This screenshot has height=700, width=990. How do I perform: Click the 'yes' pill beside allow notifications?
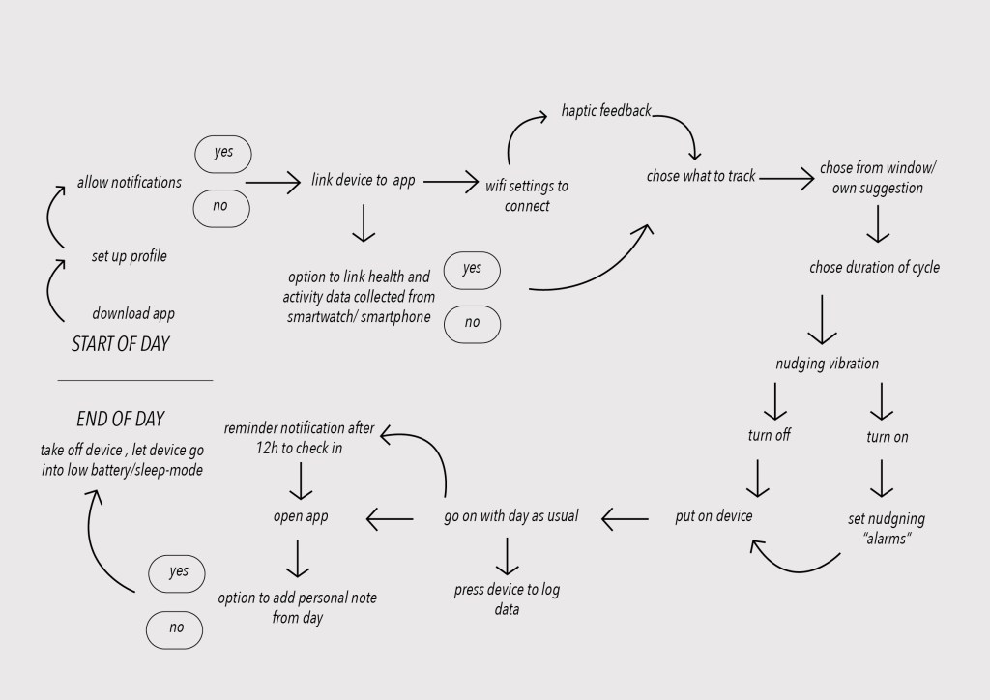pos(223,153)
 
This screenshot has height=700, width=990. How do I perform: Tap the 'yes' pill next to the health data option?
pos(472,269)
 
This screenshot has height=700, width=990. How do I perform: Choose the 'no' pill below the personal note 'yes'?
pos(176,628)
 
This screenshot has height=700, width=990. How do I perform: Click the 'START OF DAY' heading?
pos(120,344)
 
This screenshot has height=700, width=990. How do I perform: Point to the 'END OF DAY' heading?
pos(120,420)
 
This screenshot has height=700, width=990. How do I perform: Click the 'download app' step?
pos(133,313)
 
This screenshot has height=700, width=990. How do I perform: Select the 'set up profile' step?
pos(130,256)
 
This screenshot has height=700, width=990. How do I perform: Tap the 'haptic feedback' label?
pos(606,111)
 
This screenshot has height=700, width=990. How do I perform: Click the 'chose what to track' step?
pos(701,176)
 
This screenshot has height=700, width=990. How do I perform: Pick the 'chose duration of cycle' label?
pos(874,267)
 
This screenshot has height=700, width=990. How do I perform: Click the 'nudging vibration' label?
pos(828,365)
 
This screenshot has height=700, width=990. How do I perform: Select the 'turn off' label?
pos(769,436)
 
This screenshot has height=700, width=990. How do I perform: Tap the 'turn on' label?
pos(887,437)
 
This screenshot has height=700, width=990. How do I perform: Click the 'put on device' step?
pos(713,516)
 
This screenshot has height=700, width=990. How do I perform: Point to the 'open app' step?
pos(301,516)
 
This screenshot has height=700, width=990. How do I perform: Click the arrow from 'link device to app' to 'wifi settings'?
pos(451,181)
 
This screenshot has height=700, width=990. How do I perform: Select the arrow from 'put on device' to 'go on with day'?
pos(626,518)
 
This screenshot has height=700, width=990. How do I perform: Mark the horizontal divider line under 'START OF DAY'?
pos(134,380)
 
